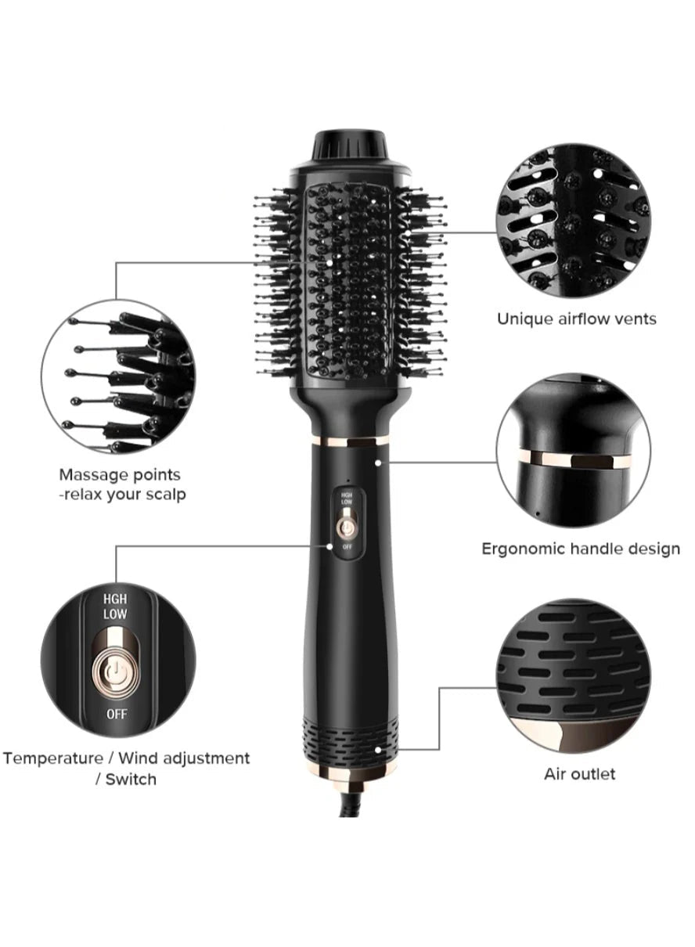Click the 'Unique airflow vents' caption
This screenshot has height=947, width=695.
pos(577,319)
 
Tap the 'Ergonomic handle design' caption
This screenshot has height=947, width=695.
pos(581,549)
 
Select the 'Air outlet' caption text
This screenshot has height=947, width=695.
pos(580,774)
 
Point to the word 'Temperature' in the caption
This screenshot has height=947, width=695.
pos(54,758)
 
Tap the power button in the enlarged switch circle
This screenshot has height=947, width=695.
pos(115,672)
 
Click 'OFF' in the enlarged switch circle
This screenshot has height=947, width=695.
pos(115,714)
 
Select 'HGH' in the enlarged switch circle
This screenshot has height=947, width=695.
pos(115,599)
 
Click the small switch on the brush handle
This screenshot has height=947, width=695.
pos(346,523)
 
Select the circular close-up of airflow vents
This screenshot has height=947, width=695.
pos(574,219)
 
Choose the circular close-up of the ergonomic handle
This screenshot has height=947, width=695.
pos(574,451)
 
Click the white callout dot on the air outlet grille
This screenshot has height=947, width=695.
pos(380,750)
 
